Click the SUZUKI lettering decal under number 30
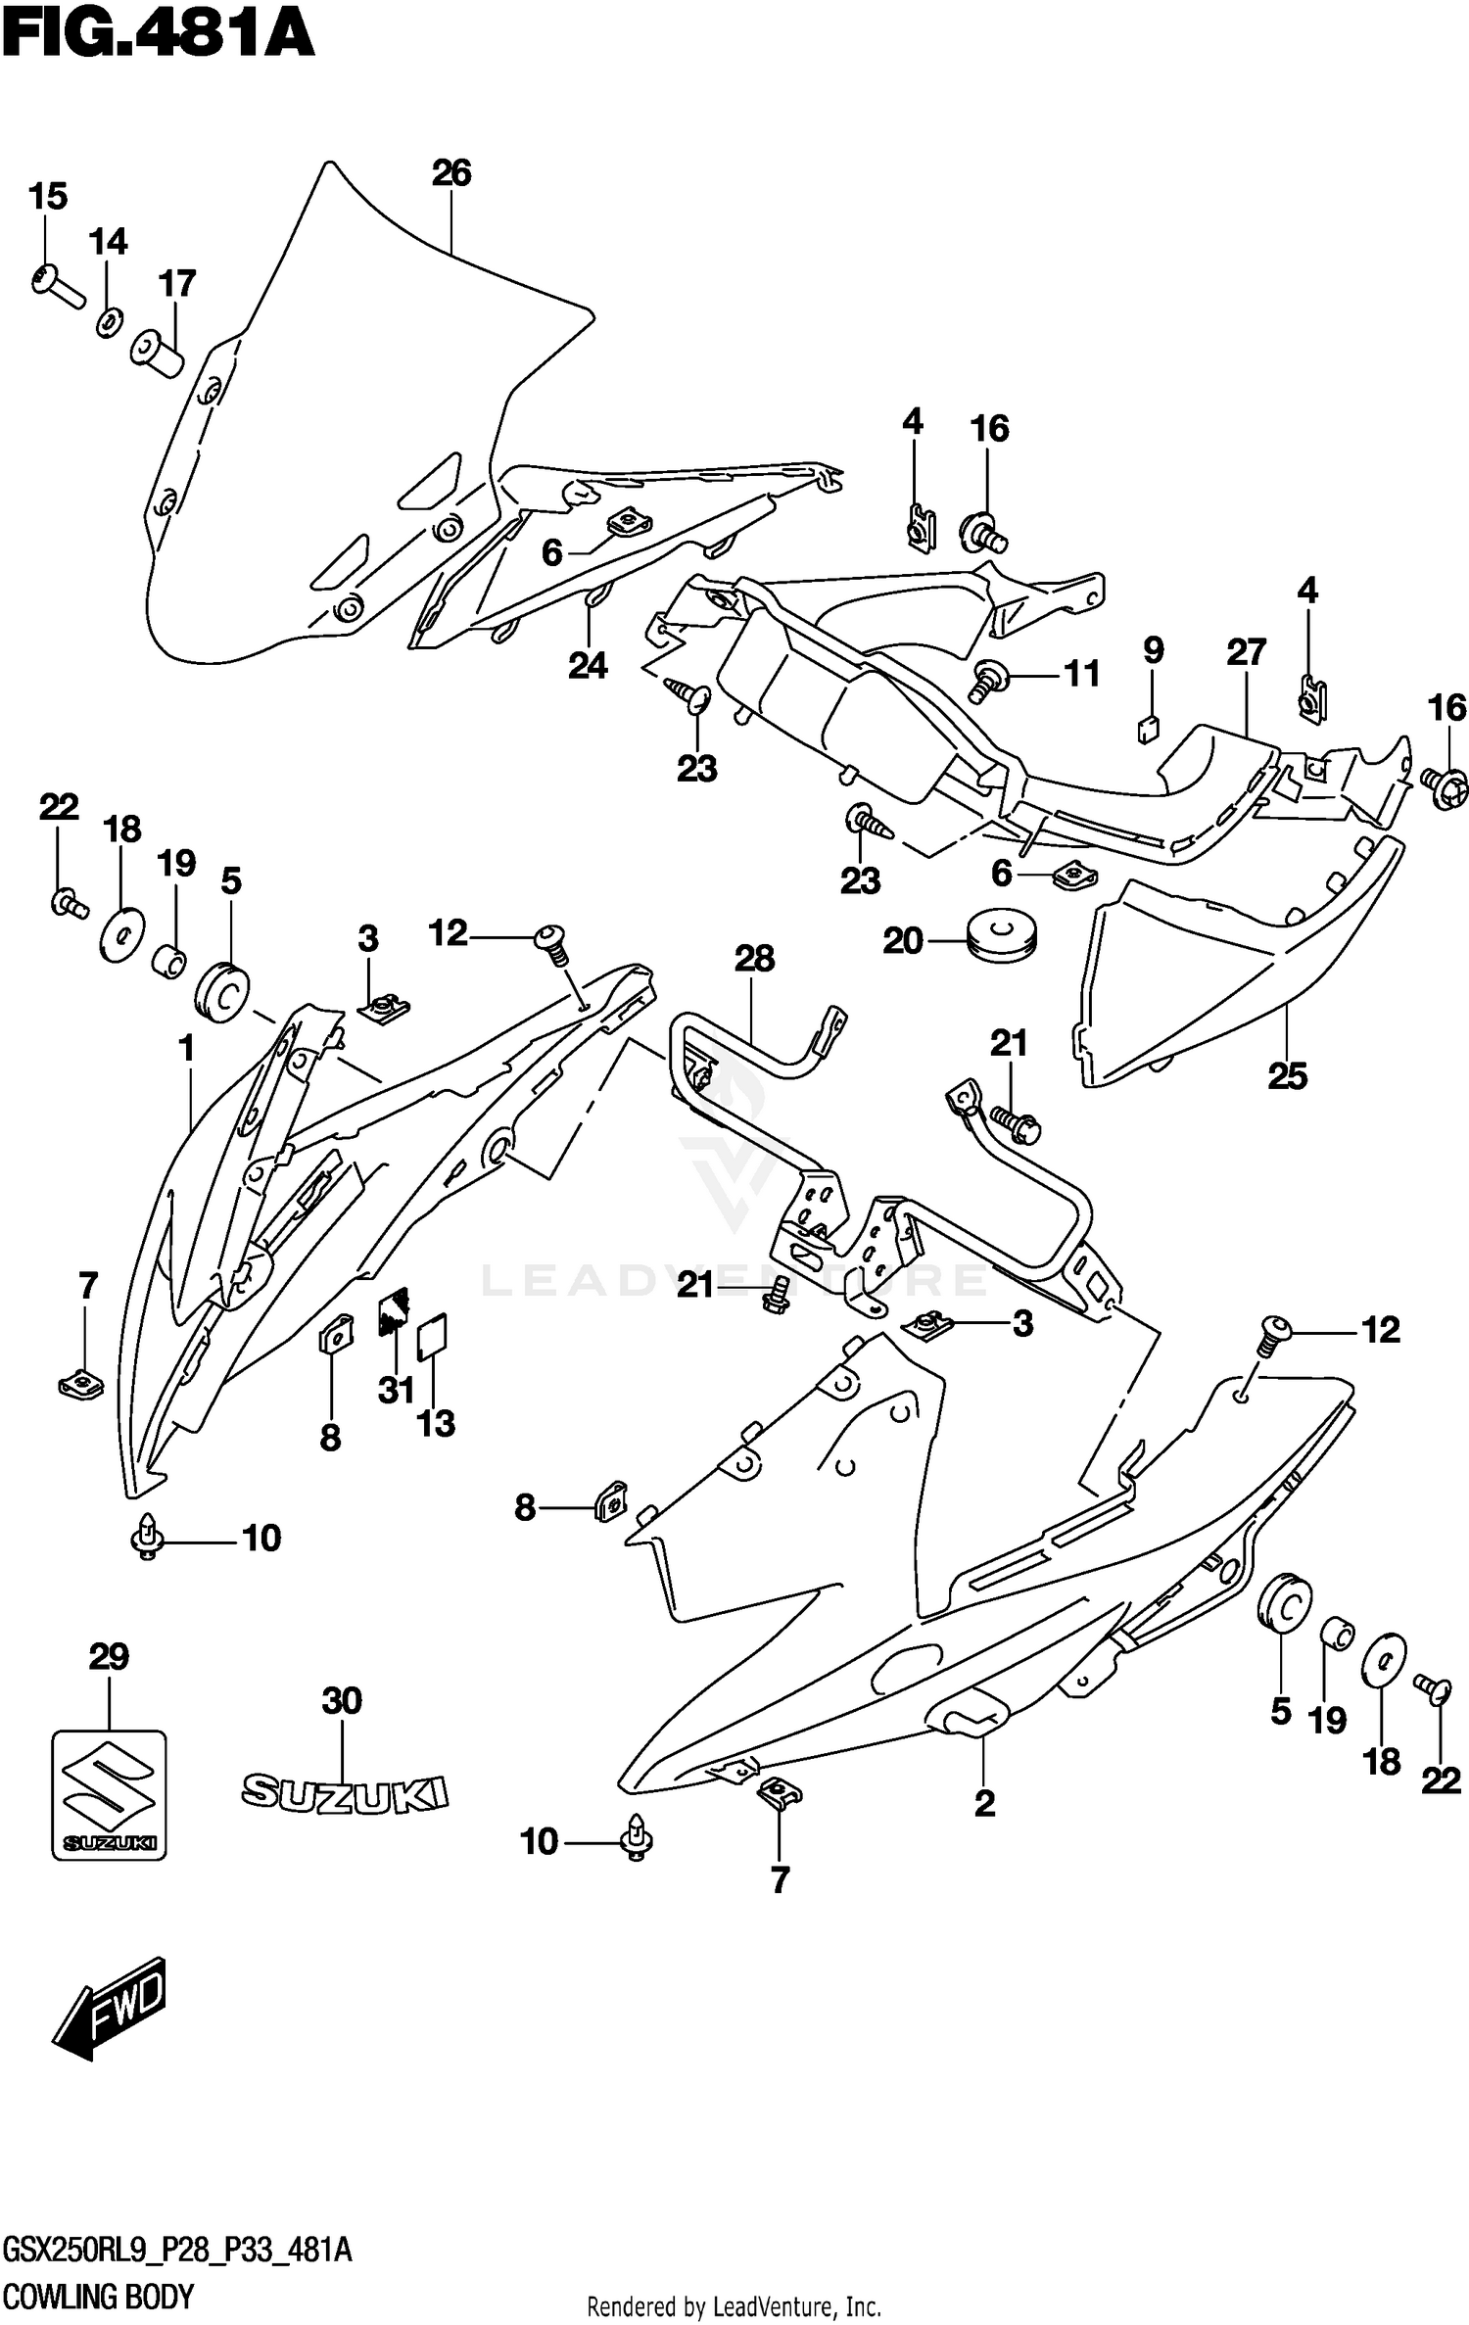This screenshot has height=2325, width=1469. point(345,1792)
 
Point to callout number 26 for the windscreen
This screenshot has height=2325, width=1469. point(451,173)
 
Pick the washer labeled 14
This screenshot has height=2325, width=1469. point(109,321)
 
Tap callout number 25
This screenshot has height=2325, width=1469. point(1287,1076)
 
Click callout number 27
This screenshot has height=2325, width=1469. point(1246,652)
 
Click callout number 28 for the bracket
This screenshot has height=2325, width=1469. point(754,959)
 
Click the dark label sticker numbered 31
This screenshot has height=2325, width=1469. point(394,1310)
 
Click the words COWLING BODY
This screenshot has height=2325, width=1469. point(99,2295)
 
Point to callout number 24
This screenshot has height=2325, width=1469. point(588,666)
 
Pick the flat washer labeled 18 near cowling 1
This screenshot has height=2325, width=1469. point(122,935)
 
